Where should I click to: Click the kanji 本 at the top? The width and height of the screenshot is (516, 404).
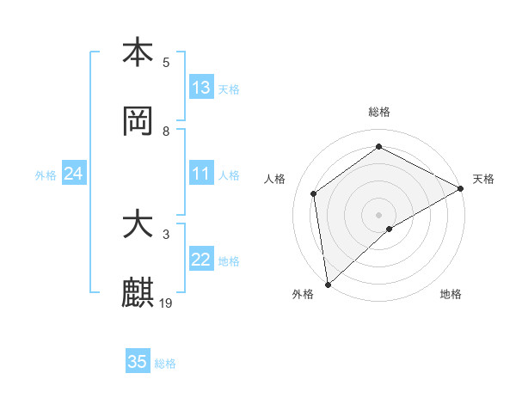pyautogui.click(x=138, y=52)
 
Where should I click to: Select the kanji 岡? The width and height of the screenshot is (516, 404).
pyautogui.click(x=138, y=121)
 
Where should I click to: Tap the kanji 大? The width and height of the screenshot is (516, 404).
pyautogui.click(x=138, y=225)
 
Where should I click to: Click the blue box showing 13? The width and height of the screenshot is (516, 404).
pyautogui.click(x=201, y=88)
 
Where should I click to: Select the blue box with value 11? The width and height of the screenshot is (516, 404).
pyautogui.click(x=201, y=174)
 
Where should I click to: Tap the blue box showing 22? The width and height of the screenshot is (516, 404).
pyautogui.click(x=201, y=260)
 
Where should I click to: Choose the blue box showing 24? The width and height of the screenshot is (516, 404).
pyautogui.click(x=74, y=174)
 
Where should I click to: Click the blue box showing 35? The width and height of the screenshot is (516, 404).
pyautogui.click(x=138, y=362)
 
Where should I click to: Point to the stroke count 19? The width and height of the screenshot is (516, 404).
pyautogui.click(x=167, y=303)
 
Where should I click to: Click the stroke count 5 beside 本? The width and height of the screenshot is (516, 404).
pyautogui.click(x=167, y=62)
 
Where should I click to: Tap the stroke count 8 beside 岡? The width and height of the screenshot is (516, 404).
pyautogui.click(x=167, y=131)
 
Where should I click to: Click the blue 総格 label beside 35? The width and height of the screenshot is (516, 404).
pyautogui.click(x=165, y=363)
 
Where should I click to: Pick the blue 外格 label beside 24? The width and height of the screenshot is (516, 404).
pyautogui.click(x=46, y=174)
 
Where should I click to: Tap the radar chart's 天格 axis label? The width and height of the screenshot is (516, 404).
pyautogui.click(x=483, y=179)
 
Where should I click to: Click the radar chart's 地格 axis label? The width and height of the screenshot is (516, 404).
pyautogui.click(x=451, y=294)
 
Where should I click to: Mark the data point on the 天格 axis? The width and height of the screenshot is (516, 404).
pyautogui.click(x=461, y=188)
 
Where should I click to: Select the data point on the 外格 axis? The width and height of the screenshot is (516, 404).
pyautogui.click(x=328, y=284)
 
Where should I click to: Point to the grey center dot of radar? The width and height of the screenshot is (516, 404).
pyautogui.click(x=378, y=214)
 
